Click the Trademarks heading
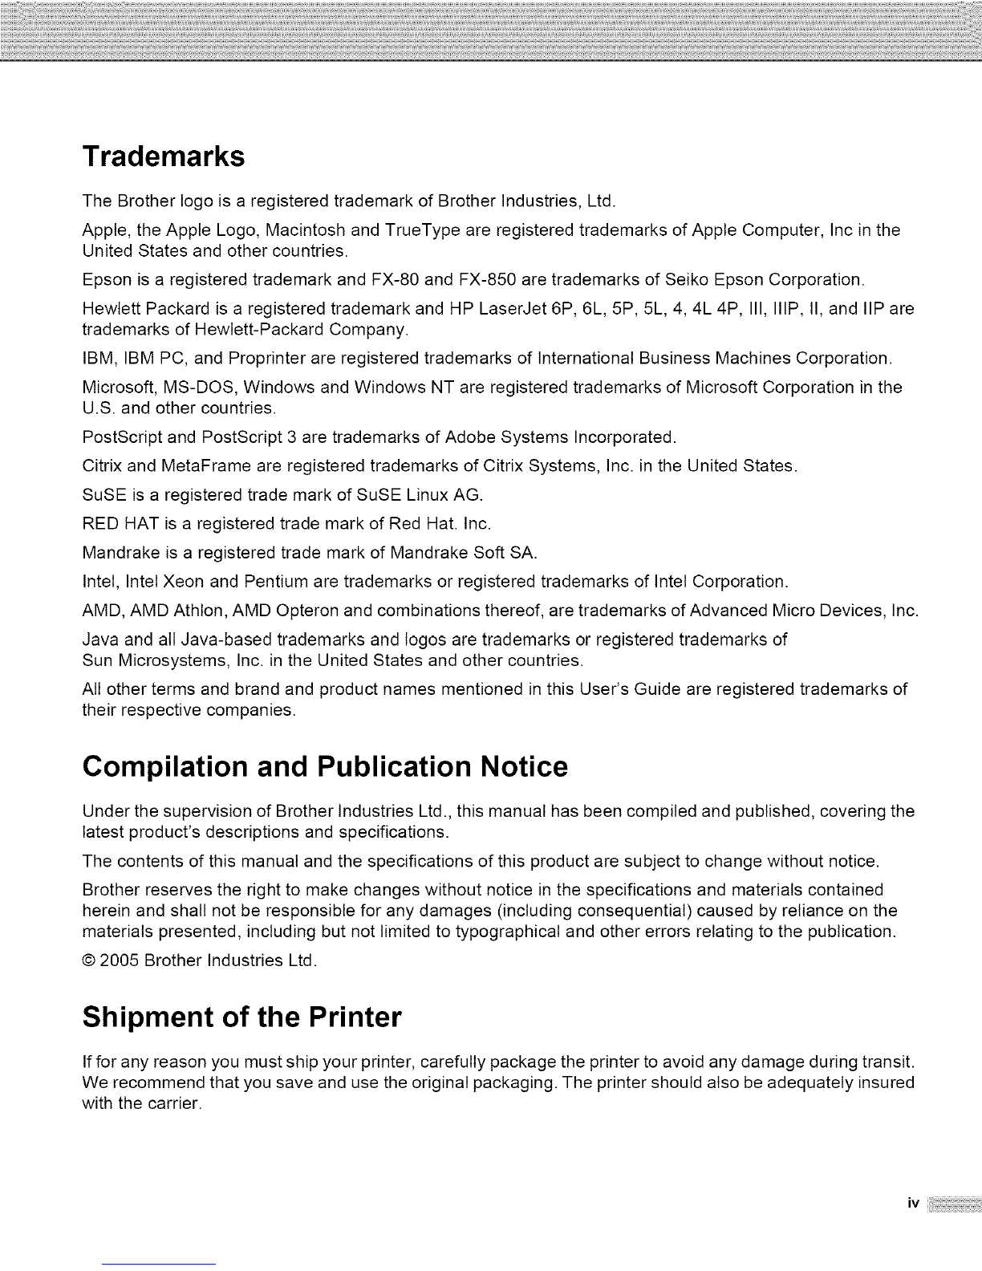pyautogui.click(x=163, y=156)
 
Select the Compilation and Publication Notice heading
pyautogui.click(x=325, y=767)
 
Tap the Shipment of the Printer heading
pyautogui.click(x=241, y=1018)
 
